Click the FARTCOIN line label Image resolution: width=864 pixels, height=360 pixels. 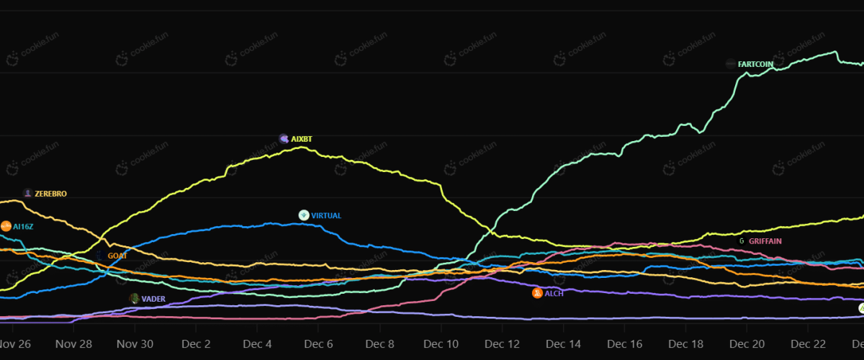click(x=756, y=64)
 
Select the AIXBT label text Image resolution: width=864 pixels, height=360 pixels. click(x=302, y=138)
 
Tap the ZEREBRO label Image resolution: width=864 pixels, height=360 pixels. click(x=50, y=194)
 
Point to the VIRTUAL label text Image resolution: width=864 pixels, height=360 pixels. click(x=326, y=215)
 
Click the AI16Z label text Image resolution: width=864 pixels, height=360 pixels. click(x=23, y=226)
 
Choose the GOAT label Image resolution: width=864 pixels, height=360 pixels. click(x=117, y=256)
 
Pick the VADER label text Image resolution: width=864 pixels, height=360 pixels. click(x=153, y=298)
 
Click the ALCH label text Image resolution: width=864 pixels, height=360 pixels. click(x=554, y=293)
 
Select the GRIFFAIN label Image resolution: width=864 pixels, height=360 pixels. click(x=765, y=240)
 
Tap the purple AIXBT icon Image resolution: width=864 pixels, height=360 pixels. click(x=284, y=138)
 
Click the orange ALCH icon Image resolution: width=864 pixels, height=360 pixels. click(x=536, y=293)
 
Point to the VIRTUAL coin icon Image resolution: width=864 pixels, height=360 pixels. click(x=304, y=215)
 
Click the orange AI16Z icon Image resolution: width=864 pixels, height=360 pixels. click(x=6, y=226)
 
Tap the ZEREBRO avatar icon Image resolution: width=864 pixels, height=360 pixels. click(x=27, y=193)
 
